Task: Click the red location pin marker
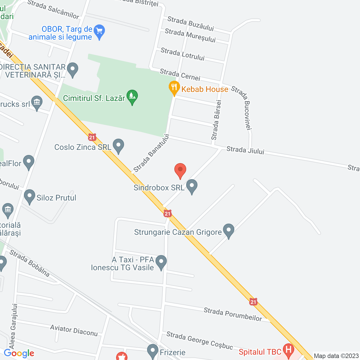point(180,170)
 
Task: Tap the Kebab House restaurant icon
point(174,88)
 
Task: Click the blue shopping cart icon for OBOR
point(99,31)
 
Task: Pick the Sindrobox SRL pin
point(192,186)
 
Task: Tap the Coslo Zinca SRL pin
point(118,146)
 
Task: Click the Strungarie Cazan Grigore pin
point(228,231)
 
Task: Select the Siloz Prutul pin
point(30,196)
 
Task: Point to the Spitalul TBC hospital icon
point(288,350)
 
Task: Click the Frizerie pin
point(153,351)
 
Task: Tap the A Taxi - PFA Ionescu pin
point(161,262)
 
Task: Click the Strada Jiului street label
point(245,150)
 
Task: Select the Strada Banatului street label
point(152,153)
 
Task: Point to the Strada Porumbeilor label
point(233,314)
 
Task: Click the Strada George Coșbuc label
point(199,340)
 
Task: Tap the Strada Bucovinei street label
point(241,108)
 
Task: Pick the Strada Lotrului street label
point(183,54)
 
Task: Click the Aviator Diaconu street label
point(74,330)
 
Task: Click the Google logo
point(19,353)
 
